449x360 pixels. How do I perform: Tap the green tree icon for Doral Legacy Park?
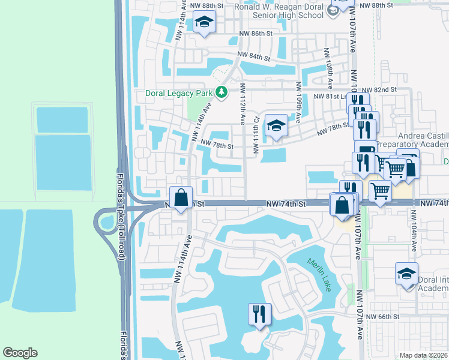[x=222, y=92]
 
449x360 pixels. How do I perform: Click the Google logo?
[x=20, y=353]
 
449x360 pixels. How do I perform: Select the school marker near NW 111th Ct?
[x=276, y=126]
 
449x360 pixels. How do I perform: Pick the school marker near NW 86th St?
[x=204, y=23]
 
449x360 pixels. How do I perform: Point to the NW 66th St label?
[x=383, y=317]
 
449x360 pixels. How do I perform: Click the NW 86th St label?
[x=256, y=34]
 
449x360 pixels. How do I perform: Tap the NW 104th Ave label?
[x=414, y=230]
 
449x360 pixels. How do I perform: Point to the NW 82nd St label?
[x=384, y=89]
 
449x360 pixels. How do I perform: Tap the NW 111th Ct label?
[x=255, y=136]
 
